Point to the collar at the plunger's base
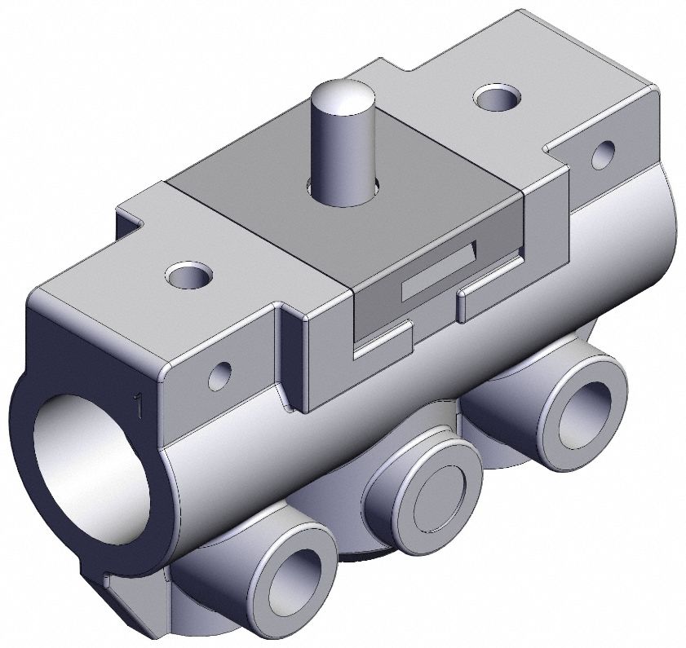(341, 191)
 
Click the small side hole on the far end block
(603, 152)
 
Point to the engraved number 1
(139, 404)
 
